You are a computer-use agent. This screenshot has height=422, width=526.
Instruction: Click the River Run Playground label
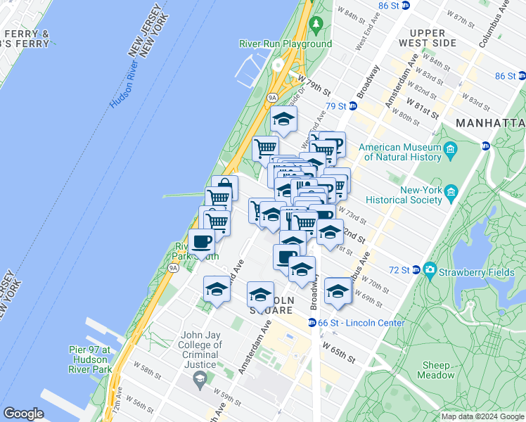[x=285, y=44]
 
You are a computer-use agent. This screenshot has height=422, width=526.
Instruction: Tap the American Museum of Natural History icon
[x=451, y=148]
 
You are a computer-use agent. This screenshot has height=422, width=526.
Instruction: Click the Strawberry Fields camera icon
[x=429, y=270]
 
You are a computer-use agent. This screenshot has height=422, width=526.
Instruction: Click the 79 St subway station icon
[x=353, y=106]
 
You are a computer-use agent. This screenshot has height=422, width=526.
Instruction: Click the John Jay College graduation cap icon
[x=200, y=379]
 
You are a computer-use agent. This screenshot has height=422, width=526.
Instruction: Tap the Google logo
[x=24, y=414]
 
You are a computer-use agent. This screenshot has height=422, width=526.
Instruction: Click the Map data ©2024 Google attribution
[x=481, y=416]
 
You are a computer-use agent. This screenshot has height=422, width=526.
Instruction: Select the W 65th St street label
[x=339, y=352]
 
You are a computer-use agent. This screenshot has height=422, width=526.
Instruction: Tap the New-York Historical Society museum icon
[x=451, y=191]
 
